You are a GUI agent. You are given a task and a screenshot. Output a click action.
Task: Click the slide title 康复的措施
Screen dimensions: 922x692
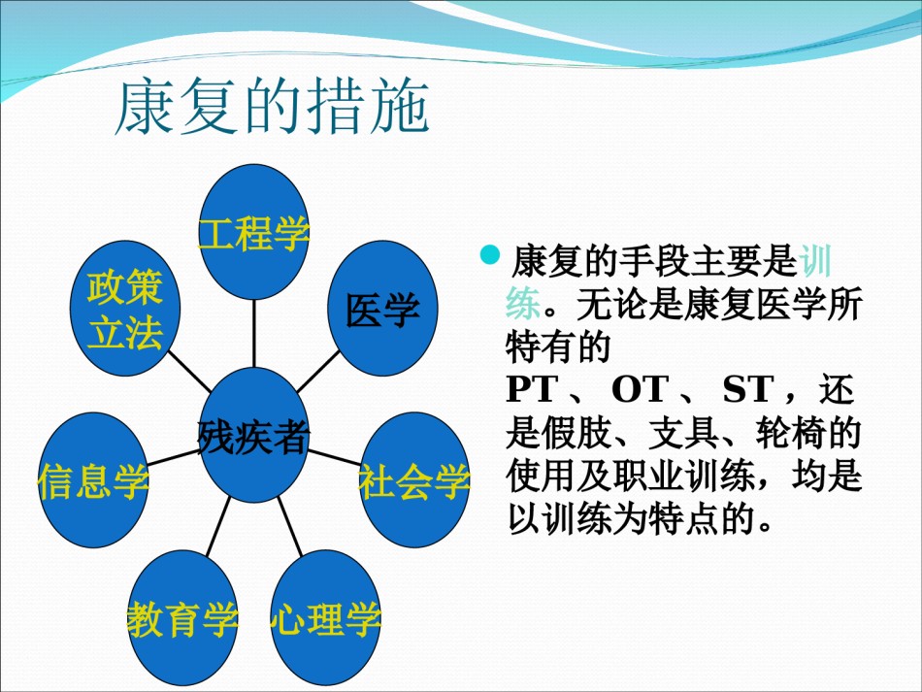tap(273, 107)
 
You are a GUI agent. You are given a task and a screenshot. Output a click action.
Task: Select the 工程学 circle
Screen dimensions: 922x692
tap(254, 232)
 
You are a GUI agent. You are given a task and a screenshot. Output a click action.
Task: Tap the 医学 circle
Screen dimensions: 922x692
tap(382, 308)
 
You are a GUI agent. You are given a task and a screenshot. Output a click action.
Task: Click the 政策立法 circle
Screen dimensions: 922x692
tap(125, 308)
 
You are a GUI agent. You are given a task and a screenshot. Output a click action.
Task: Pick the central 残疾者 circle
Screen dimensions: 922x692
tap(254, 435)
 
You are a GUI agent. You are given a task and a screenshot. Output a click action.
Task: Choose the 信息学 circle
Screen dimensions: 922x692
tap(93, 479)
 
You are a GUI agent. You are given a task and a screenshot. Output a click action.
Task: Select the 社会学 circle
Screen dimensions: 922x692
tap(414, 479)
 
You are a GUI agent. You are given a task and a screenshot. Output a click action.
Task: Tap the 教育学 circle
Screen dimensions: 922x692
tap(182, 618)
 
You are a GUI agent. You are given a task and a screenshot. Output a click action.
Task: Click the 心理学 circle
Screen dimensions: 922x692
tap(326, 618)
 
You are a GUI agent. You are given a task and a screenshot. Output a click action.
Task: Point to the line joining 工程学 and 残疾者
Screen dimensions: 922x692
tap(254, 334)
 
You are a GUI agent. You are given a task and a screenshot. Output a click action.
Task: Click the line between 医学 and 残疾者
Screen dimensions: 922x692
tap(318, 372)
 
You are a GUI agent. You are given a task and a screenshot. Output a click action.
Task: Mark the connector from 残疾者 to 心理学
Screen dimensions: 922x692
tap(290, 526)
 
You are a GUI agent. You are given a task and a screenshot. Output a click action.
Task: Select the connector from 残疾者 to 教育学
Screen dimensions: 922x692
tap(218, 526)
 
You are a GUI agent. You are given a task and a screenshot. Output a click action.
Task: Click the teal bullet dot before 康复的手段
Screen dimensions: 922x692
tap(490, 255)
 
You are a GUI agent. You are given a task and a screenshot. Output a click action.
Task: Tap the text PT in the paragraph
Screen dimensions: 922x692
tap(532, 389)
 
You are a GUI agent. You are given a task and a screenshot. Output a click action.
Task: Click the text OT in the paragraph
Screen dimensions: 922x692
tap(641, 389)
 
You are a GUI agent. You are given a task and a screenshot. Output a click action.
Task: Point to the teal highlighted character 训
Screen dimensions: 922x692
tap(815, 261)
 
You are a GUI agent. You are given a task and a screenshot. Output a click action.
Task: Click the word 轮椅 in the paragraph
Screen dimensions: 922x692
tap(790, 433)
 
